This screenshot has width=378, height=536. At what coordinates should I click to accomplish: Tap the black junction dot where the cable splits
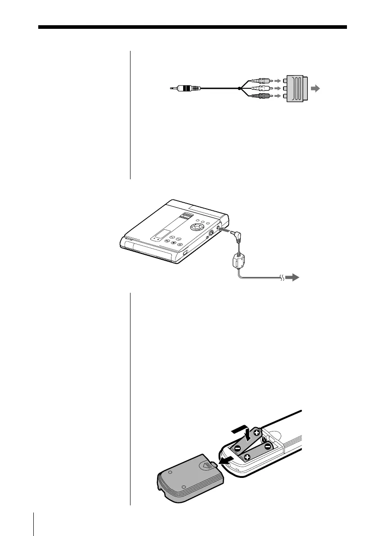(239, 88)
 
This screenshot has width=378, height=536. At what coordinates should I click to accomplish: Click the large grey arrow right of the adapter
(317, 89)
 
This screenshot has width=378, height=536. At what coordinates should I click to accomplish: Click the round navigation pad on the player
(197, 227)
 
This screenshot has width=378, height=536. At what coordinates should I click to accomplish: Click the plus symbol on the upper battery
(256, 433)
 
